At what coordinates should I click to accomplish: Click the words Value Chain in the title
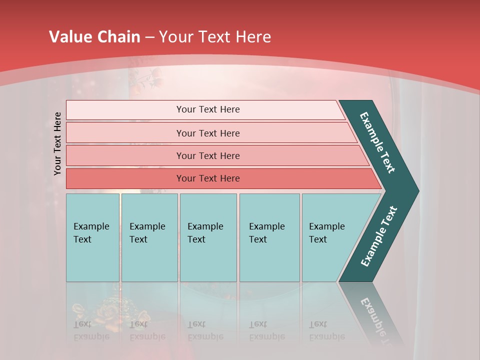[94, 37]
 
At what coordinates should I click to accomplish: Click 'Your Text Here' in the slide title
[215, 37]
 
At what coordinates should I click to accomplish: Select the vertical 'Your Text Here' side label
[57, 143]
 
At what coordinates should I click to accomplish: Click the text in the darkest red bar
[208, 178]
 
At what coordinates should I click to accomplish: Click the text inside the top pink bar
[208, 109]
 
